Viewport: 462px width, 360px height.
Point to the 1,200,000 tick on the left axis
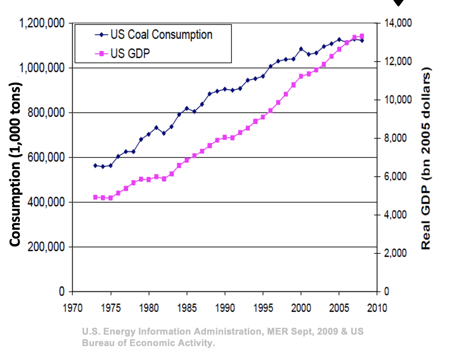point(42,24)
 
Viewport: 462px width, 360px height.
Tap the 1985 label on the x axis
point(187,308)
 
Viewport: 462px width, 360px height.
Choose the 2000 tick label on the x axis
point(301,308)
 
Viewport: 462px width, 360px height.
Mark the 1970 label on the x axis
point(73,308)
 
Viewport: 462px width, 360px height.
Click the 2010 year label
point(377,308)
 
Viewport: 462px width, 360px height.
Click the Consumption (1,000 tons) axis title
point(15,164)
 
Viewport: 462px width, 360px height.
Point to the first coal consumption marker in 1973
point(95,165)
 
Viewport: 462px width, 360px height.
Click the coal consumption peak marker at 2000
point(301,49)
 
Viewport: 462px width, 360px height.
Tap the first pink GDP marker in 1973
point(95,197)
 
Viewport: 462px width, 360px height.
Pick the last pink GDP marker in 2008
point(362,36)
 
